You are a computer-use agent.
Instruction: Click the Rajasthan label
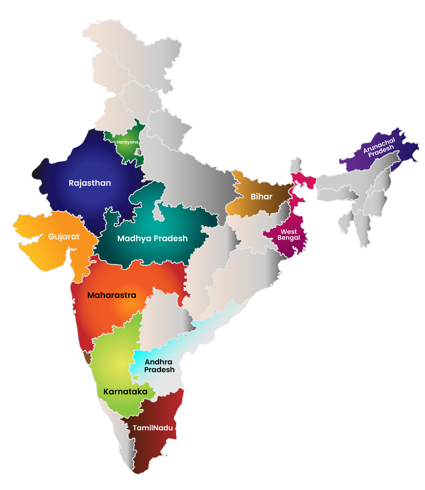[x=90, y=183]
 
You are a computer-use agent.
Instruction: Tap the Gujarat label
[x=64, y=237]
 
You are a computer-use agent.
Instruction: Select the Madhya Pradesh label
[x=152, y=238]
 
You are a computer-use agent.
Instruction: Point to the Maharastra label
[x=112, y=295]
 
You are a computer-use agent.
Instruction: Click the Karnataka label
[x=125, y=392]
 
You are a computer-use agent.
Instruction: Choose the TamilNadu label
[x=153, y=428]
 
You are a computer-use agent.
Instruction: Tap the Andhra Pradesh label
[x=159, y=366]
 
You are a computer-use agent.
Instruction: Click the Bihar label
[x=261, y=197]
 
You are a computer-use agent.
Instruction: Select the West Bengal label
[x=288, y=235]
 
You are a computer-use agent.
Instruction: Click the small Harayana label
[x=127, y=142]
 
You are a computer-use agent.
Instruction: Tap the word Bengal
[x=288, y=238]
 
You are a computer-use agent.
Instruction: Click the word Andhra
[x=159, y=362]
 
